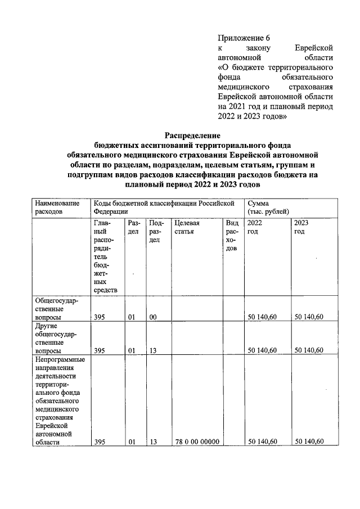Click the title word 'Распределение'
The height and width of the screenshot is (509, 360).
click(x=192, y=135)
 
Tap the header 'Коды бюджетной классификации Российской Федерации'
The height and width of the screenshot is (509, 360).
click(x=163, y=206)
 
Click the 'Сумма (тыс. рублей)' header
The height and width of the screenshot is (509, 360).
click(x=269, y=206)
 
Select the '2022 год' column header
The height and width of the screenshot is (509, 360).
click(x=254, y=227)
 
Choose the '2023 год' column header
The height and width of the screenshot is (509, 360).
click(x=301, y=227)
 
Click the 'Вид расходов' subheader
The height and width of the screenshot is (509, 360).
click(x=232, y=236)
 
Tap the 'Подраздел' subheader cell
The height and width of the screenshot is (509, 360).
click(x=156, y=231)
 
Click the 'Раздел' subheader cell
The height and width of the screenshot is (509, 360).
click(x=133, y=227)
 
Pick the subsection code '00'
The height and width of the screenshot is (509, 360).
click(x=152, y=318)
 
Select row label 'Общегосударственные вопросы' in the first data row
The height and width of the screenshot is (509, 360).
click(x=56, y=309)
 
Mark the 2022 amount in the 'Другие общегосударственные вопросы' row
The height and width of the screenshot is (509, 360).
click(x=262, y=350)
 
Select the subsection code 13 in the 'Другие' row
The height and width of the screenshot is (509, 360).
click(x=152, y=350)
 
